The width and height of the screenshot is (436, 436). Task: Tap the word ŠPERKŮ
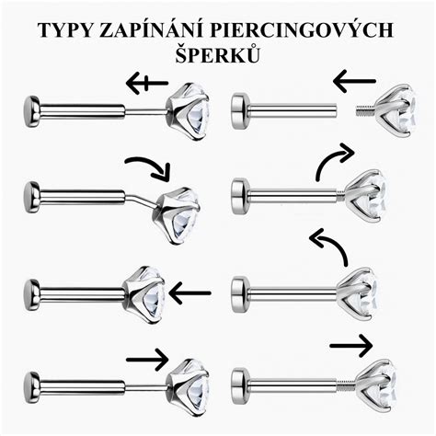pyautogui.click(x=218, y=54)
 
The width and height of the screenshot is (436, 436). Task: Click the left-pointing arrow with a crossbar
pyautogui.click(x=147, y=83)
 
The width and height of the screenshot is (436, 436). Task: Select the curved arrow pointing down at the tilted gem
pyautogui.click(x=149, y=165)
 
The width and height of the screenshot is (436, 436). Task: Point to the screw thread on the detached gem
pyautogui.click(x=365, y=110)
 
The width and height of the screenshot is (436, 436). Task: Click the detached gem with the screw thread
pyautogui.click(x=396, y=109)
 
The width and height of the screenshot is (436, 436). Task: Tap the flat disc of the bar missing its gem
pyautogui.click(x=240, y=111)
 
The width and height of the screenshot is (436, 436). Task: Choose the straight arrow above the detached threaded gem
pyautogui.click(x=354, y=81)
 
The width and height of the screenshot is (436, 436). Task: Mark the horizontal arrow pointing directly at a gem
pyautogui.click(x=190, y=293)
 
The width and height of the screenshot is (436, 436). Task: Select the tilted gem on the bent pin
pyautogui.click(x=177, y=214)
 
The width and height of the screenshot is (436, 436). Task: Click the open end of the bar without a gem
pyautogui.click(x=337, y=111)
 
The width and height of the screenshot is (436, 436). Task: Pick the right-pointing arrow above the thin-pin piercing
pyautogui.click(x=147, y=360)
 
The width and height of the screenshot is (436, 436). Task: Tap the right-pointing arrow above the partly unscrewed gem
pyautogui.click(x=351, y=346)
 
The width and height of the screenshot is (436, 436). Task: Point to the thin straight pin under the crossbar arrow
pyautogui.click(x=146, y=112)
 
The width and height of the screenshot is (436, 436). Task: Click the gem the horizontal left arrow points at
pyautogui.click(x=144, y=294)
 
